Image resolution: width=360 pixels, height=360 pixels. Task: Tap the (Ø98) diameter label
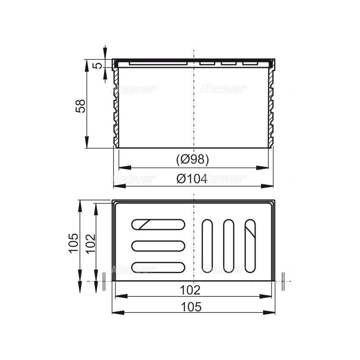pyautogui.click(x=193, y=160)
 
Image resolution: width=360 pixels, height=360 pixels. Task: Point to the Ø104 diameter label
pyautogui.click(x=192, y=179)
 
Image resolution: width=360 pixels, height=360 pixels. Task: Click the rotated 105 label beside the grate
pyautogui.click(x=74, y=243)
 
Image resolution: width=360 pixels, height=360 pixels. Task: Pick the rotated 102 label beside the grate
pyautogui.click(x=90, y=243)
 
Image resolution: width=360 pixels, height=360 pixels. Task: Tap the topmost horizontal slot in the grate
pyautogui.click(x=158, y=224)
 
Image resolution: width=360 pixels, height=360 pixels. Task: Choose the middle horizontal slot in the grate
pyautogui.click(x=158, y=246)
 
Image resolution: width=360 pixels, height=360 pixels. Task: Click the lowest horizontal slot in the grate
pyautogui.click(x=158, y=267)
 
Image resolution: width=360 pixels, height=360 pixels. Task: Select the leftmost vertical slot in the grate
pyautogui.click(x=207, y=245)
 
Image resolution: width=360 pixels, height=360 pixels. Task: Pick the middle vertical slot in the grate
pyautogui.click(x=229, y=245)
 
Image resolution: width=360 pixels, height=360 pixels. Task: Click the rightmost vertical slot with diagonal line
pyautogui.click(x=250, y=245)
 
